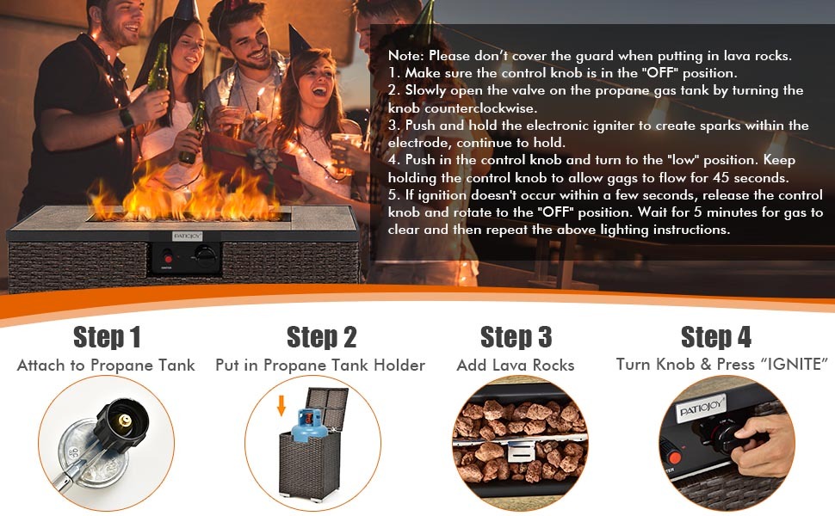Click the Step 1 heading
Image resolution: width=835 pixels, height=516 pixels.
pos(107,336)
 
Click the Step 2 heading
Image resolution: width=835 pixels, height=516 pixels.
pos(321,336)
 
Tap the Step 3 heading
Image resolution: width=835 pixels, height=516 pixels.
pos(516,336)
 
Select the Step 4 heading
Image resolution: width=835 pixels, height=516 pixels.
pos(716,336)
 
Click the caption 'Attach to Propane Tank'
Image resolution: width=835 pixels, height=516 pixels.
pos(106,365)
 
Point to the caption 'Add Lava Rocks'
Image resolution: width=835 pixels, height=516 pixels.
pos(516,365)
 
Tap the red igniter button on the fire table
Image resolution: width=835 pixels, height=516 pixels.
pos(169,257)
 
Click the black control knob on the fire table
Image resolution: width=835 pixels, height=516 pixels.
pos(204,255)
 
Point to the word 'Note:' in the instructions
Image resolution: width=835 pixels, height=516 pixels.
pos(407,56)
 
